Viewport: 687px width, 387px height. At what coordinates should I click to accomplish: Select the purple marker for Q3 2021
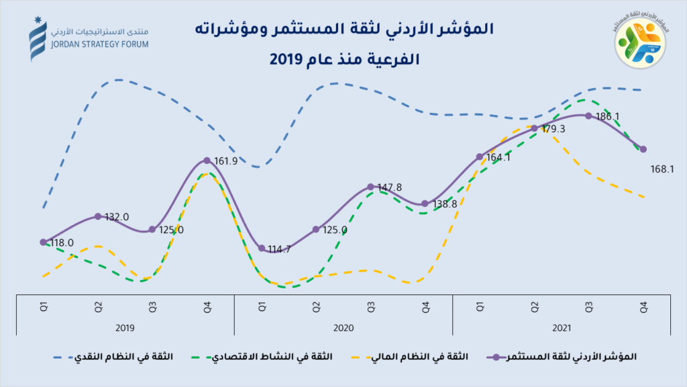pyautogui.click(x=588, y=116)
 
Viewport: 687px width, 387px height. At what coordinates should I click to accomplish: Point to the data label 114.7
pyautogui.click(x=278, y=249)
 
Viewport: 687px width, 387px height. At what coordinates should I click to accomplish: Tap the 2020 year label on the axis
pyautogui.click(x=343, y=327)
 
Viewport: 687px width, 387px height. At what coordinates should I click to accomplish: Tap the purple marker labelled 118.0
pyautogui.click(x=43, y=242)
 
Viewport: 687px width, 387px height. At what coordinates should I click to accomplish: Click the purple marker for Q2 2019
pyautogui.click(x=98, y=216)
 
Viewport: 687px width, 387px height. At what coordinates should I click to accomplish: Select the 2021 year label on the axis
pyautogui.click(x=562, y=327)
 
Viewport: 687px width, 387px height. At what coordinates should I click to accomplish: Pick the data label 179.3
pyautogui.click(x=553, y=129)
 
